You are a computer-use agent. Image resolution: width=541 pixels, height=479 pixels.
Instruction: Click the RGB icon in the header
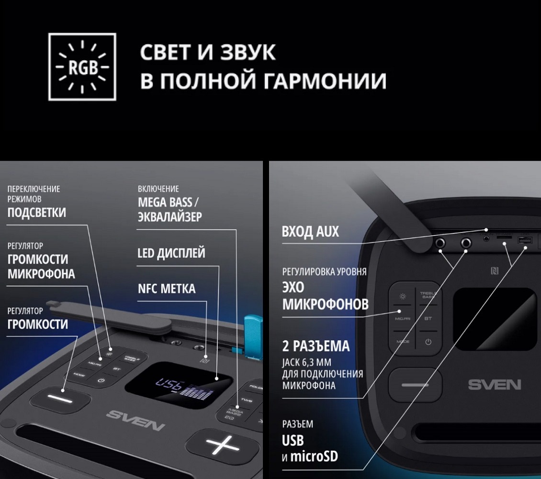82,67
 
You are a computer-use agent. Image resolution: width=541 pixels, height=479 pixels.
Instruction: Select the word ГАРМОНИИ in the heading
325,81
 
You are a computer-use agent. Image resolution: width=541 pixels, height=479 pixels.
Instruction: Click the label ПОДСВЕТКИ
36,212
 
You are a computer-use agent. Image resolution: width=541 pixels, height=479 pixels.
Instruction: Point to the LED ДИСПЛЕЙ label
171,253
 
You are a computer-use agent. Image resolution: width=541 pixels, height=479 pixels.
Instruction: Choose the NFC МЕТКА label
166,289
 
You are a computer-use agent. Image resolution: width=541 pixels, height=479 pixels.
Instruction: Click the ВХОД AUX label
310,232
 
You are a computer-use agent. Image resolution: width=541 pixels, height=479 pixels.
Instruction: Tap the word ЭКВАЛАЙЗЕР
169,216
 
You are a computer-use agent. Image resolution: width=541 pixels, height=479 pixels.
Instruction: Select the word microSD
315,456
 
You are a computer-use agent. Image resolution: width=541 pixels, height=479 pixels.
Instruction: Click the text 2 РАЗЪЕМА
316,346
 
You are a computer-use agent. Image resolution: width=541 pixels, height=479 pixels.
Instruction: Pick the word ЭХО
293,287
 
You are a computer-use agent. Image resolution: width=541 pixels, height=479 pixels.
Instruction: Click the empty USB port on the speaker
523,240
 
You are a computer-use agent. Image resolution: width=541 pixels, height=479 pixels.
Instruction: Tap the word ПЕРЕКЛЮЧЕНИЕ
34,189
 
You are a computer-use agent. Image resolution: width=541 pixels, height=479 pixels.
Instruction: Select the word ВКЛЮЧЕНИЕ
158,189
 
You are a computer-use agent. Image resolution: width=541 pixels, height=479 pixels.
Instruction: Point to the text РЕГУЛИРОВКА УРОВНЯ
324,271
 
